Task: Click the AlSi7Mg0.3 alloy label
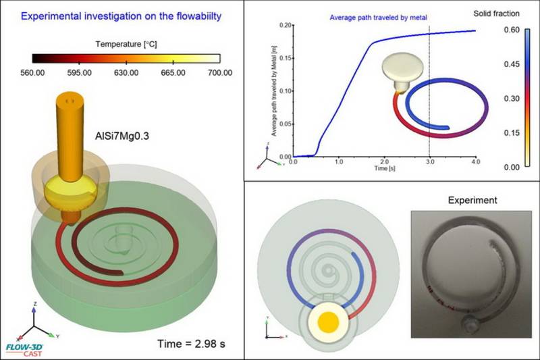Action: pos(122,135)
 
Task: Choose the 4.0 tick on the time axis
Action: pos(476,163)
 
